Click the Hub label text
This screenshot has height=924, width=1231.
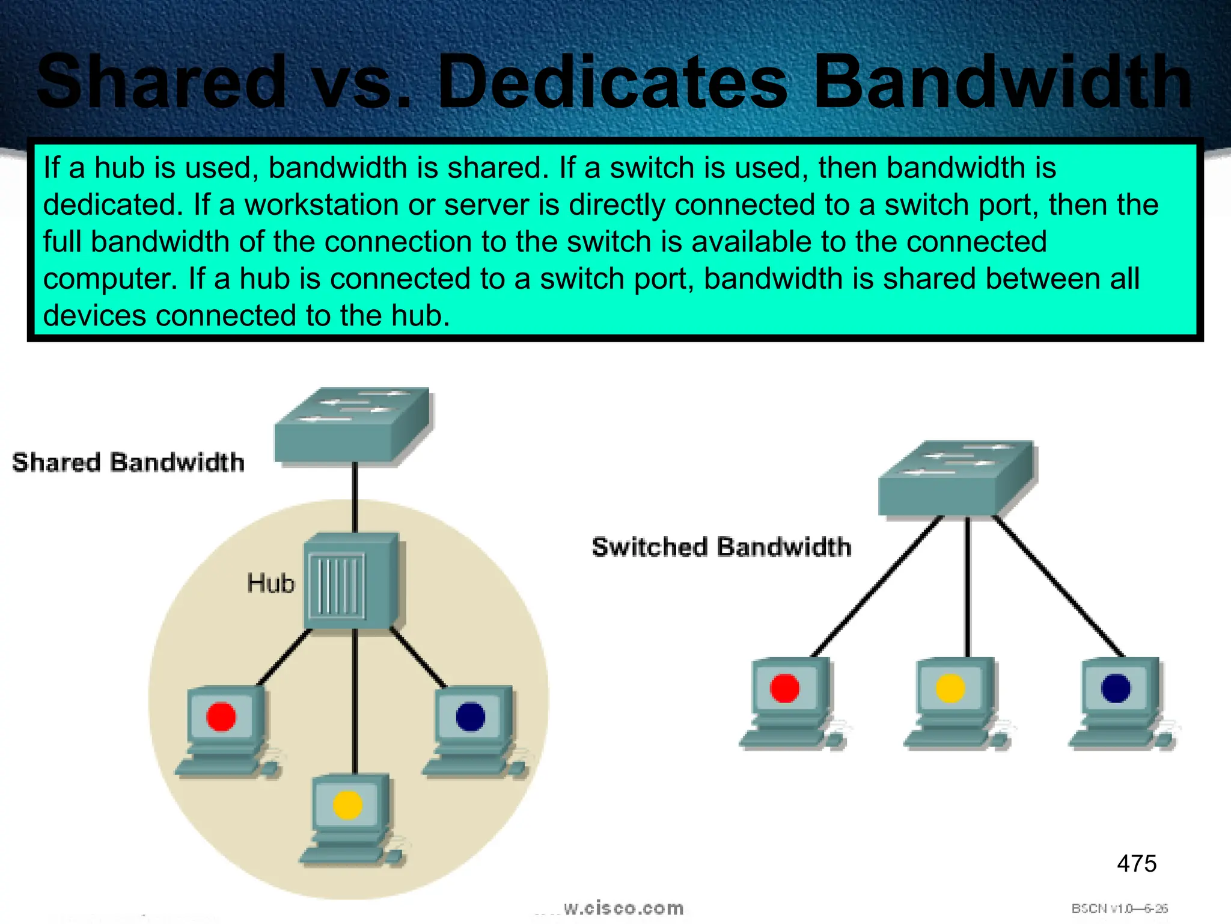coord(270,584)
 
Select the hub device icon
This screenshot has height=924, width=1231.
coord(352,581)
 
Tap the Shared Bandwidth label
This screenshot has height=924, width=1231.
coord(128,463)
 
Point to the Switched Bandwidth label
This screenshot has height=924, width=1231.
coord(721,547)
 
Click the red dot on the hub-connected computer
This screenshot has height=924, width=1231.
coord(221,716)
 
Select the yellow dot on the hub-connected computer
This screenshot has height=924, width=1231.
coord(347,805)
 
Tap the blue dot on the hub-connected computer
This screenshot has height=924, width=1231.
coord(470,716)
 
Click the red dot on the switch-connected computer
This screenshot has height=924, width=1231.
coord(784,688)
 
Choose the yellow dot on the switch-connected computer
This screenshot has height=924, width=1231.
coord(950,688)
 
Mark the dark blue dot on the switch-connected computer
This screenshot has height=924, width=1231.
coord(1116,688)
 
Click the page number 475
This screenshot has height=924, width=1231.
coord(1136,864)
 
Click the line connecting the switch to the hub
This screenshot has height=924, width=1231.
coord(355,496)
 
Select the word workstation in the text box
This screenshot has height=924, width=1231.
coord(322,205)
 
